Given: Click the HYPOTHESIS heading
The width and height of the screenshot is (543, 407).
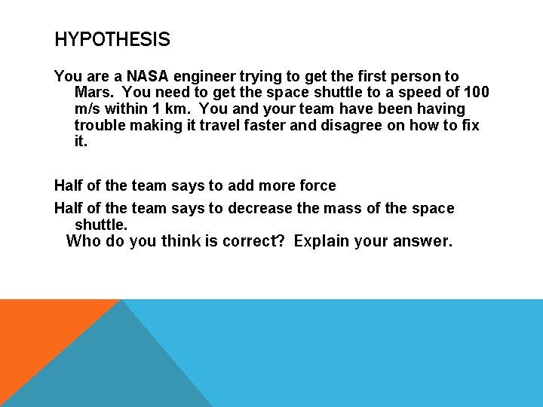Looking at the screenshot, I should (112, 39).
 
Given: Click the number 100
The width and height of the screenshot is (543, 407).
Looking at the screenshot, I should (475, 93).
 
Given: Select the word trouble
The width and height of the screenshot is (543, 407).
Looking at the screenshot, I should (100, 126).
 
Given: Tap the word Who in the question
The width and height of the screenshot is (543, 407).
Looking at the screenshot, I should (82, 242).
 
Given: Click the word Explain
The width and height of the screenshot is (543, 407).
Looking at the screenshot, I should (321, 242).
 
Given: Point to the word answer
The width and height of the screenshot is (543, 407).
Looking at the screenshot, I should (422, 242).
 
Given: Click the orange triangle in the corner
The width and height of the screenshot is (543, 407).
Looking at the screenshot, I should (38, 332).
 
